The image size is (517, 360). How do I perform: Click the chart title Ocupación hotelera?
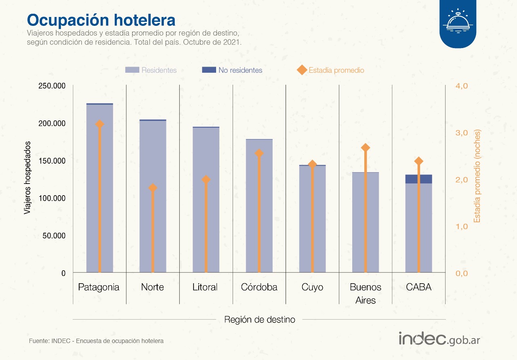(x=101, y=19)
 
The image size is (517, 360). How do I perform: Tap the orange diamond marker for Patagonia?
(x=100, y=124)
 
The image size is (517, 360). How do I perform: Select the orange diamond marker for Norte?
(x=153, y=188)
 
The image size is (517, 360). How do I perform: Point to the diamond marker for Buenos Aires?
(x=366, y=148)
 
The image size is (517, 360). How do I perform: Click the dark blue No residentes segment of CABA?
(x=419, y=179)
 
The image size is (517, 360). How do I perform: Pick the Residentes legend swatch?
(x=132, y=70)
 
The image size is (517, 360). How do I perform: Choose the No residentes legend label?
(x=240, y=70)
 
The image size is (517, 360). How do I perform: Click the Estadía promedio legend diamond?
(x=302, y=70)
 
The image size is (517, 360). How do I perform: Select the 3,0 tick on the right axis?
(x=461, y=133)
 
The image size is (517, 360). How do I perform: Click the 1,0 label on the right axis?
(x=461, y=227)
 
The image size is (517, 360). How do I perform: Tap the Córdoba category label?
(x=259, y=287)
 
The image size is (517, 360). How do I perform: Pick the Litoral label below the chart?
(x=205, y=287)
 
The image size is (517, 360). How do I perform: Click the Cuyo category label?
(x=312, y=287)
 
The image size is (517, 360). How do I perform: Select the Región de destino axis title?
(x=260, y=320)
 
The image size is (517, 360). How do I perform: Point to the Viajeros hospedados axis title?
(x=27, y=178)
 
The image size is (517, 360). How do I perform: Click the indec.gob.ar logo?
(x=439, y=339)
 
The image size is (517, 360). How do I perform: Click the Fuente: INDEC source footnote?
(x=96, y=341)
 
